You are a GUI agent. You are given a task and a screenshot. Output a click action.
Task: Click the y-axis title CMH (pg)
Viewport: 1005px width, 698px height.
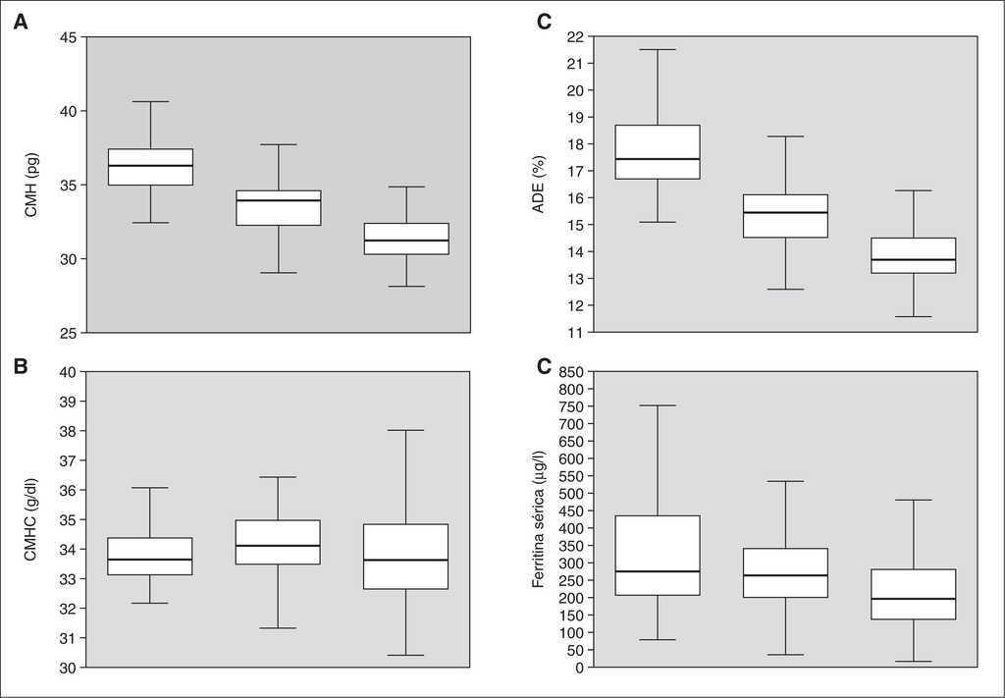31,185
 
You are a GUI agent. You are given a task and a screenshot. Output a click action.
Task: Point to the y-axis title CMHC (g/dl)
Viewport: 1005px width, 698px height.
31,519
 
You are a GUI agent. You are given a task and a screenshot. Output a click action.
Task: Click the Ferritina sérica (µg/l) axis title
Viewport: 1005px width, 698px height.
539,519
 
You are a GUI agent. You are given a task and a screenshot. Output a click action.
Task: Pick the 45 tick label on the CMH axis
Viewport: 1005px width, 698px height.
69,37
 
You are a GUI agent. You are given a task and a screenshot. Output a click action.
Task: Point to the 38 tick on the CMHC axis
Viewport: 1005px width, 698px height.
69,431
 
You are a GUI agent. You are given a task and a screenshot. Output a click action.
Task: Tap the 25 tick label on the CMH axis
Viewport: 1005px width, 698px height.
69,333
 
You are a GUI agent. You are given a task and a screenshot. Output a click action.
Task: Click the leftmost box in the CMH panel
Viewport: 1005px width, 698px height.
151,167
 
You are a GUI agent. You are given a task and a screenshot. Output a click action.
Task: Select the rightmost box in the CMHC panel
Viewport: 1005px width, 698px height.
406,557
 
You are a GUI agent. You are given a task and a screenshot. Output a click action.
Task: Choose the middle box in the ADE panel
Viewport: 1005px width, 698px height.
785,216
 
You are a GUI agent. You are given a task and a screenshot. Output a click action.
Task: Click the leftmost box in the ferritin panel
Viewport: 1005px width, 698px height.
658,556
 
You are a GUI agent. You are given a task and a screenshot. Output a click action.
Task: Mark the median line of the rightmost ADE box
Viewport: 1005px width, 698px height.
914,259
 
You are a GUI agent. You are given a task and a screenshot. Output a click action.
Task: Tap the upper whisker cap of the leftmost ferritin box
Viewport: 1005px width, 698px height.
658,405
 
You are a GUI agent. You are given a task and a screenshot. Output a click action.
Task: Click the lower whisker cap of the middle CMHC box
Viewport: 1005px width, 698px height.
279,627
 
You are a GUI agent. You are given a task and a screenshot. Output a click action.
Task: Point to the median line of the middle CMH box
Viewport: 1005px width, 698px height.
279,200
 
